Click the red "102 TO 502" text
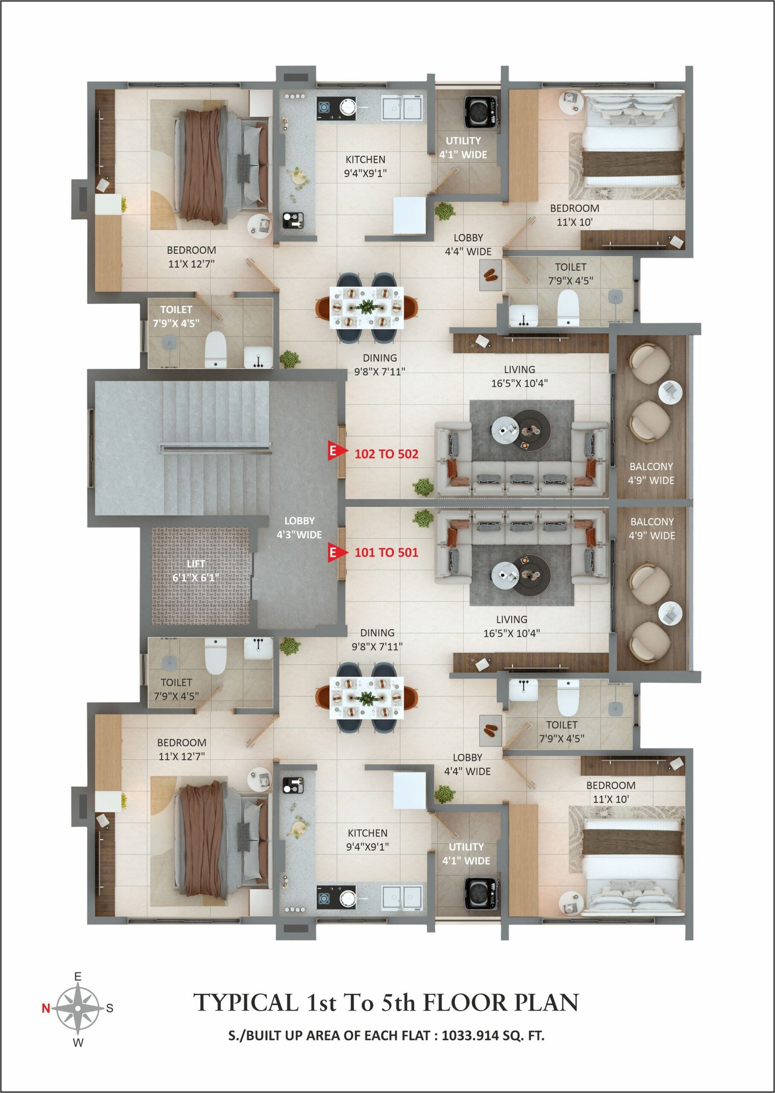(x=387, y=454)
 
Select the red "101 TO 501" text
(x=387, y=553)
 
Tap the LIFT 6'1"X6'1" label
(x=196, y=571)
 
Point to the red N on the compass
(x=46, y=1009)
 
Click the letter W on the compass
(x=78, y=1043)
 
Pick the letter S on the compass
(x=110, y=1009)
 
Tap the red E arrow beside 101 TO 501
(x=337, y=553)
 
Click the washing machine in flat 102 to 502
(x=481, y=113)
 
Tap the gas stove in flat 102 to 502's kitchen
(x=337, y=109)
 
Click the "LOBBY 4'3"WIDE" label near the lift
(x=299, y=528)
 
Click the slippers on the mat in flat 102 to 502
(x=490, y=275)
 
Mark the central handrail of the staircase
(x=215, y=447)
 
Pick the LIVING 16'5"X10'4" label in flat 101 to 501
(x=511, y=626)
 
